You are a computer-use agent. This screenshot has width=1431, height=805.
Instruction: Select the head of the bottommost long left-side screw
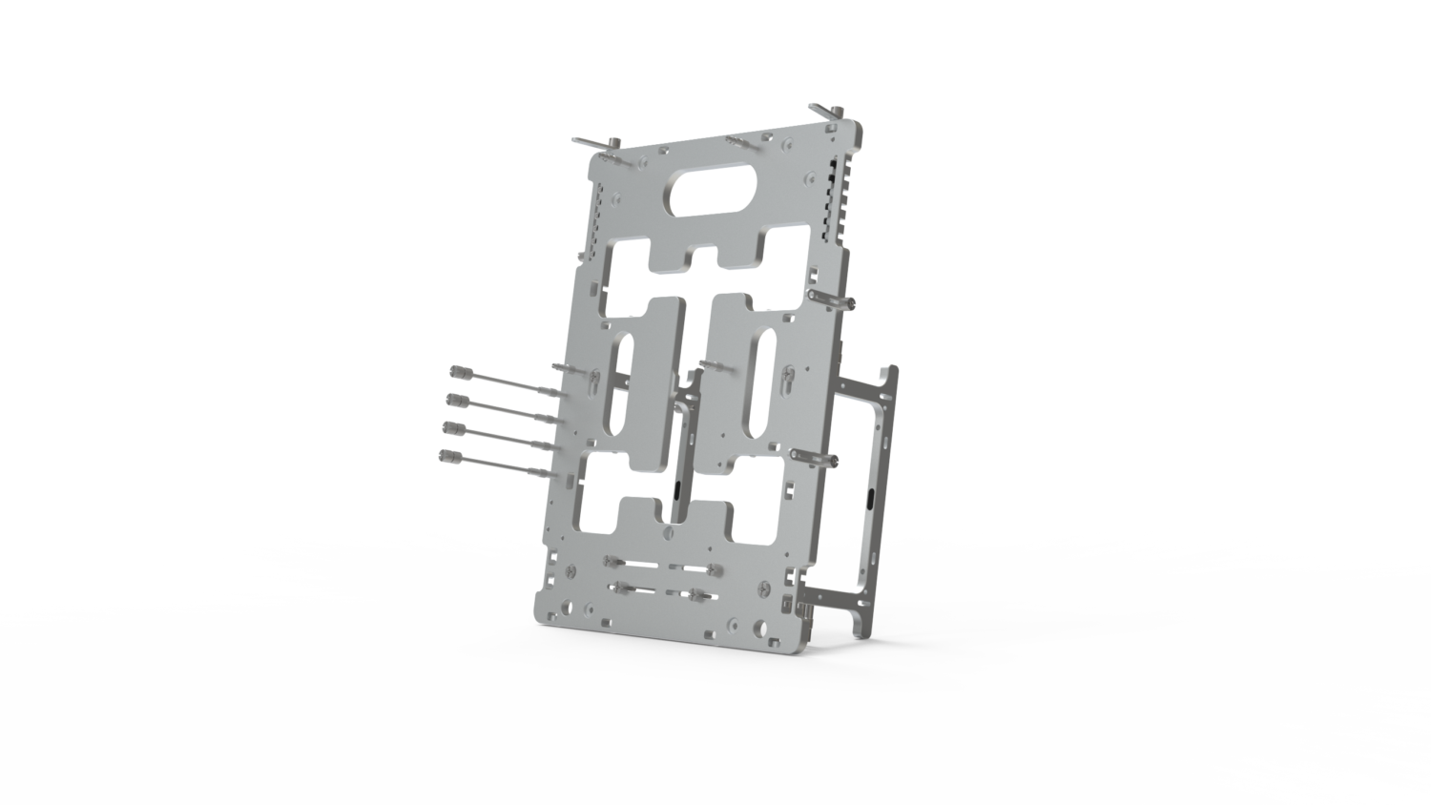pyautogui.click(x=446, y=456)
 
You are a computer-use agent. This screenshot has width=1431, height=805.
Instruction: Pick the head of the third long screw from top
pyautogui.click(x=449, y=428)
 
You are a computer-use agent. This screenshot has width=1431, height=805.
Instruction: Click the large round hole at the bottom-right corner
pyautogui.click(x=760, y=627)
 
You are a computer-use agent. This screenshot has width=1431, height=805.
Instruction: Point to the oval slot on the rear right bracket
pyautogui.click(x=875, y=498)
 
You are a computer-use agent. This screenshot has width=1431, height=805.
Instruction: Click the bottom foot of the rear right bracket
pyautogui.click(x=860, y=629)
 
